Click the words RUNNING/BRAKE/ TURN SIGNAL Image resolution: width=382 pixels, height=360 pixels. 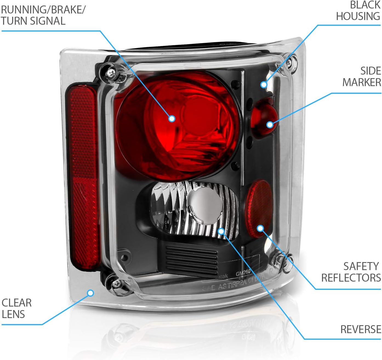click(x=43, y=15)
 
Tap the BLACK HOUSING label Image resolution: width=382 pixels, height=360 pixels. click(x=358, y=11)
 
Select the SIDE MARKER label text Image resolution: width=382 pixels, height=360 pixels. click(x=362, y=76)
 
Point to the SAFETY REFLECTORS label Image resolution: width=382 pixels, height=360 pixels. click(x=351, y=272)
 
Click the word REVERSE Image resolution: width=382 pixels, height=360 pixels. click(x=361, y=329)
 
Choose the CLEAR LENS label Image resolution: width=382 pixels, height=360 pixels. click(x=16, y=308)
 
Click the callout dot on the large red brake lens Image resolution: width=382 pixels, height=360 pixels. click(x=172, y=118)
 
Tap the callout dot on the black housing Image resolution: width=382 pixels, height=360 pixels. click(x=264, y=84)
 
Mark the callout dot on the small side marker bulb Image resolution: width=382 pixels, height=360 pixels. click(x=270, y=125)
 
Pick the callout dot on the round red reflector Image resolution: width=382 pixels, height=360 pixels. click(x=260, y=228)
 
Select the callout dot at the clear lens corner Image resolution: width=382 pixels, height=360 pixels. click(x=90, y=293)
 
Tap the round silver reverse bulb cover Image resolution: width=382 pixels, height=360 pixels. click(x=206, y=203)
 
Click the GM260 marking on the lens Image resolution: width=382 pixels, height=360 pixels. click(x=243, y=273)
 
